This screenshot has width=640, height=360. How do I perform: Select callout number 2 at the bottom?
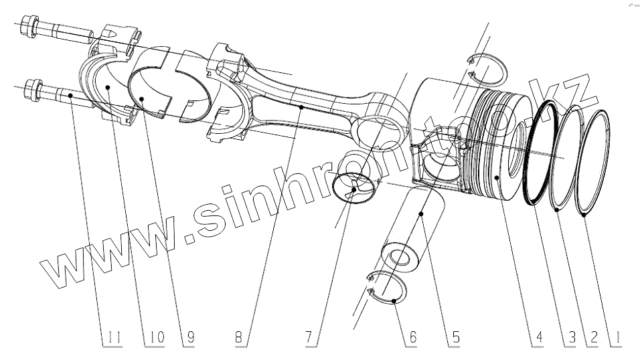point(592,339)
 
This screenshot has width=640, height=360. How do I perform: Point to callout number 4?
point(536,339)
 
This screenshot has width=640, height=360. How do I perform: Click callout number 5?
point(455,339)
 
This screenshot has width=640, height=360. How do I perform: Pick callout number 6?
point(412,339)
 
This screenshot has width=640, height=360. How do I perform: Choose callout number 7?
point(309,339)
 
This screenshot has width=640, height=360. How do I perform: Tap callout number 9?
point(190,339)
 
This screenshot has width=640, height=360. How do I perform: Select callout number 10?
point(155,339)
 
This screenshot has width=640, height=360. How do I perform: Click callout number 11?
point(115,339)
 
